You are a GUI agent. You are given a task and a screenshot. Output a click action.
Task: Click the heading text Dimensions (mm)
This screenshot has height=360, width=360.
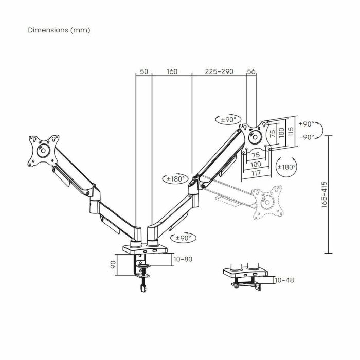[x=59, y=30]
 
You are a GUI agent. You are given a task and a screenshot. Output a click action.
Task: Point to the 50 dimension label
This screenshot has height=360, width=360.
[x=144, y=71]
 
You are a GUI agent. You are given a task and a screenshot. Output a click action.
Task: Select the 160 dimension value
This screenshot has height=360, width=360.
[x=172, y=71]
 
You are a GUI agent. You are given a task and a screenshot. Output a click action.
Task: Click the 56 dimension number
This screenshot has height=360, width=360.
[x=251, y=71]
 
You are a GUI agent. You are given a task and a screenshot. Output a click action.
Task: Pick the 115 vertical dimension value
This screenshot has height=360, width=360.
[x=291, y=132]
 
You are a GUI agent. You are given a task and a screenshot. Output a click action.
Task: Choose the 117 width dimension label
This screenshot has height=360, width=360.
[x=257, y=172]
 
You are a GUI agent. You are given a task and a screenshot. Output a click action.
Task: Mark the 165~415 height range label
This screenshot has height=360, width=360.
[x=324, y=194]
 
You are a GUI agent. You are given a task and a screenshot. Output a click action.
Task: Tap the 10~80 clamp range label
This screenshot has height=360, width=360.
[x=183, y=259]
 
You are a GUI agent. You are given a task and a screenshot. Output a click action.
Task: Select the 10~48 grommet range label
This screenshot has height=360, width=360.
[x=285, y=280]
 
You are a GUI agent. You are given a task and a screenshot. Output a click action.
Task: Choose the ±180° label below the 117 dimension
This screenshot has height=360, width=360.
[x=286, y=167]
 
